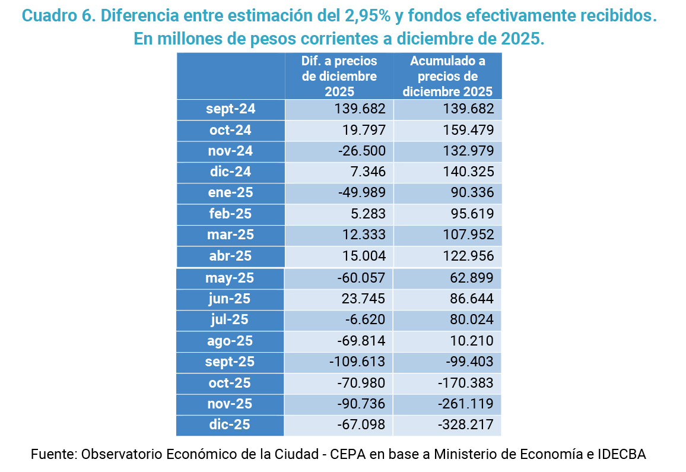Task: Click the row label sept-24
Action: pos(231,109)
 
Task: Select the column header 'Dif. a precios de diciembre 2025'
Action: pos(339,76)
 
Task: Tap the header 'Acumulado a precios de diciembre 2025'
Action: pos(447,76)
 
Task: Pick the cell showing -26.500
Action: pos(361,151)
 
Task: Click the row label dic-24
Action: pos(231,172)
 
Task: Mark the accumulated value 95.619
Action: pos(471,214)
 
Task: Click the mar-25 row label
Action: pos(231,235)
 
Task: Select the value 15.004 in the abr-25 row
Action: pos(364,256)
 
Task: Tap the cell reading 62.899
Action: pos(471,278)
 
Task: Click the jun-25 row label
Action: pos(230,299)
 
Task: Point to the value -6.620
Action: pos(367,319)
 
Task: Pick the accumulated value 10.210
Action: pos(471,341)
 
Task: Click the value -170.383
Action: pos(466,383)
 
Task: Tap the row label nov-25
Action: pos(230,404)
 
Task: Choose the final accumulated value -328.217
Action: pos(466,425)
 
